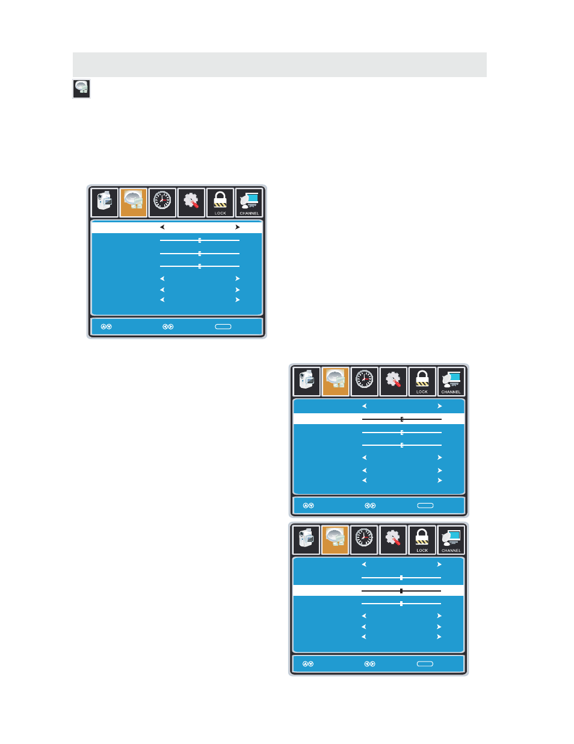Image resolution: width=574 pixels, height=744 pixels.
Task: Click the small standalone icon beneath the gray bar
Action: [x=81, y=89]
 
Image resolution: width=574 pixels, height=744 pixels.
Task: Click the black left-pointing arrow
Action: [x=162, y=227]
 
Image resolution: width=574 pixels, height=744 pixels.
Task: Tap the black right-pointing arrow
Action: [x=237, y=227]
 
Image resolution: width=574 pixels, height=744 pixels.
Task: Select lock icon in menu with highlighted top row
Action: [x=220, y=202]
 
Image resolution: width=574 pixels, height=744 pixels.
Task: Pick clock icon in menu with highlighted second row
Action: [x=365, y=381]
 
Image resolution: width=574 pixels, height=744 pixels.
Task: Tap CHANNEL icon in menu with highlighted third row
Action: [x=451, y=540]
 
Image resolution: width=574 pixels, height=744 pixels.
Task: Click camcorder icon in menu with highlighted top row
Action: [x=105, y=202]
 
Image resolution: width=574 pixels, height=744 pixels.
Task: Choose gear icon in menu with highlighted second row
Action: [x=393, y=381]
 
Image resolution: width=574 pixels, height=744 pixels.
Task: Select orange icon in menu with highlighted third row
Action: [x=335, y=540]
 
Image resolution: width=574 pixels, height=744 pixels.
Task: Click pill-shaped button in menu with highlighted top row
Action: [x=223, y=327]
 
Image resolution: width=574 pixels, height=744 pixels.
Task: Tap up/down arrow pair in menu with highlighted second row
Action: [x=309, y=505]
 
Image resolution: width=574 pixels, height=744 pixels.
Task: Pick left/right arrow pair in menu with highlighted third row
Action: [x=369, y=664]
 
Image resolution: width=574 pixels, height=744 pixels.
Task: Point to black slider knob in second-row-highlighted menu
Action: [x=402, y=419]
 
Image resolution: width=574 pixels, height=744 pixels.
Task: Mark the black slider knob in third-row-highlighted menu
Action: [x=401, y=590]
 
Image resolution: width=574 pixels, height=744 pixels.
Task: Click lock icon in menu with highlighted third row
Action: [x=422, y=540]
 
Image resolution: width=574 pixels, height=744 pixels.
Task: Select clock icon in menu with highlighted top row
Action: [x=162, y=202]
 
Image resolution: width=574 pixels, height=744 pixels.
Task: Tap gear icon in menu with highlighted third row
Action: [x=393, y=540]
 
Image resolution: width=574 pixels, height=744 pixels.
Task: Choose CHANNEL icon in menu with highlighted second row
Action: [x=451, y=381]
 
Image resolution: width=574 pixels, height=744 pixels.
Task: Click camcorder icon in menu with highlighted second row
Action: [x=307, y=381]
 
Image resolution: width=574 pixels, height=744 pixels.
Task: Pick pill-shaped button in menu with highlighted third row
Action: [x=425, y=664]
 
